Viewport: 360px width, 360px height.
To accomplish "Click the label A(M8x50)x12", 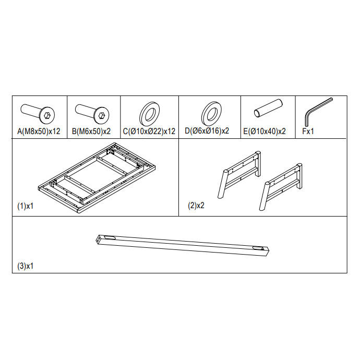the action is pyautogui.click(x=39, y=131).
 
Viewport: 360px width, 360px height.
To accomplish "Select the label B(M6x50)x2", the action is pyautogui.click(x=91, y=131).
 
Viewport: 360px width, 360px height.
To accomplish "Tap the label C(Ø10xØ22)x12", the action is pyautogui.click(x=149, y=131).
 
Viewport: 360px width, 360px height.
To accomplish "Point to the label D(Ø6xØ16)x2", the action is pyautogui.click(x=207, y=131).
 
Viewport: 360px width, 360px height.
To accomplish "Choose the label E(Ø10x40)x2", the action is pyautogui.click(x=265, y=131).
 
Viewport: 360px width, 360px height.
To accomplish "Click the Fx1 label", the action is pyautogui.click(x=308, y=131).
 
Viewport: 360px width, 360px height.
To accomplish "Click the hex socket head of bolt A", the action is pyautogui.click(x=47, y=115).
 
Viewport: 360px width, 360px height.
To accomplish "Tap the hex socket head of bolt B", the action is pyautogui.click(x=102, y=115).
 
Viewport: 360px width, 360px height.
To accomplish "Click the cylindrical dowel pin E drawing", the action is pyautogui.click(x=268, y=108).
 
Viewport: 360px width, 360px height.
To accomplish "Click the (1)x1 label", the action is pyautogui.click(x=26, y=206).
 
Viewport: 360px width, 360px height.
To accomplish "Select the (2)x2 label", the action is pyautogui.click(x=196, y=206).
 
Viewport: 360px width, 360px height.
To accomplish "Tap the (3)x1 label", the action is pyautogui.click(x=26, y=266).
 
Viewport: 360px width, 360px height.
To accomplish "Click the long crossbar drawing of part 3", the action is pyautogui.click(x=182, y=245).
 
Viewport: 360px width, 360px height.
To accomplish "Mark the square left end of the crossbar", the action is pyautogui.click(x=99, y=239).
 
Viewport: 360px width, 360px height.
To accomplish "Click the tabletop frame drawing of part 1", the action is pyautogui.click(x=97, y=178).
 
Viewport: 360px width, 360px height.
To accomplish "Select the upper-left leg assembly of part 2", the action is pyautogui.click(x=239, y=174).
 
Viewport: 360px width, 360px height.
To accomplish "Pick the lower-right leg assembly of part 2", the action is pyautogui.click(x=281, y=187).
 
